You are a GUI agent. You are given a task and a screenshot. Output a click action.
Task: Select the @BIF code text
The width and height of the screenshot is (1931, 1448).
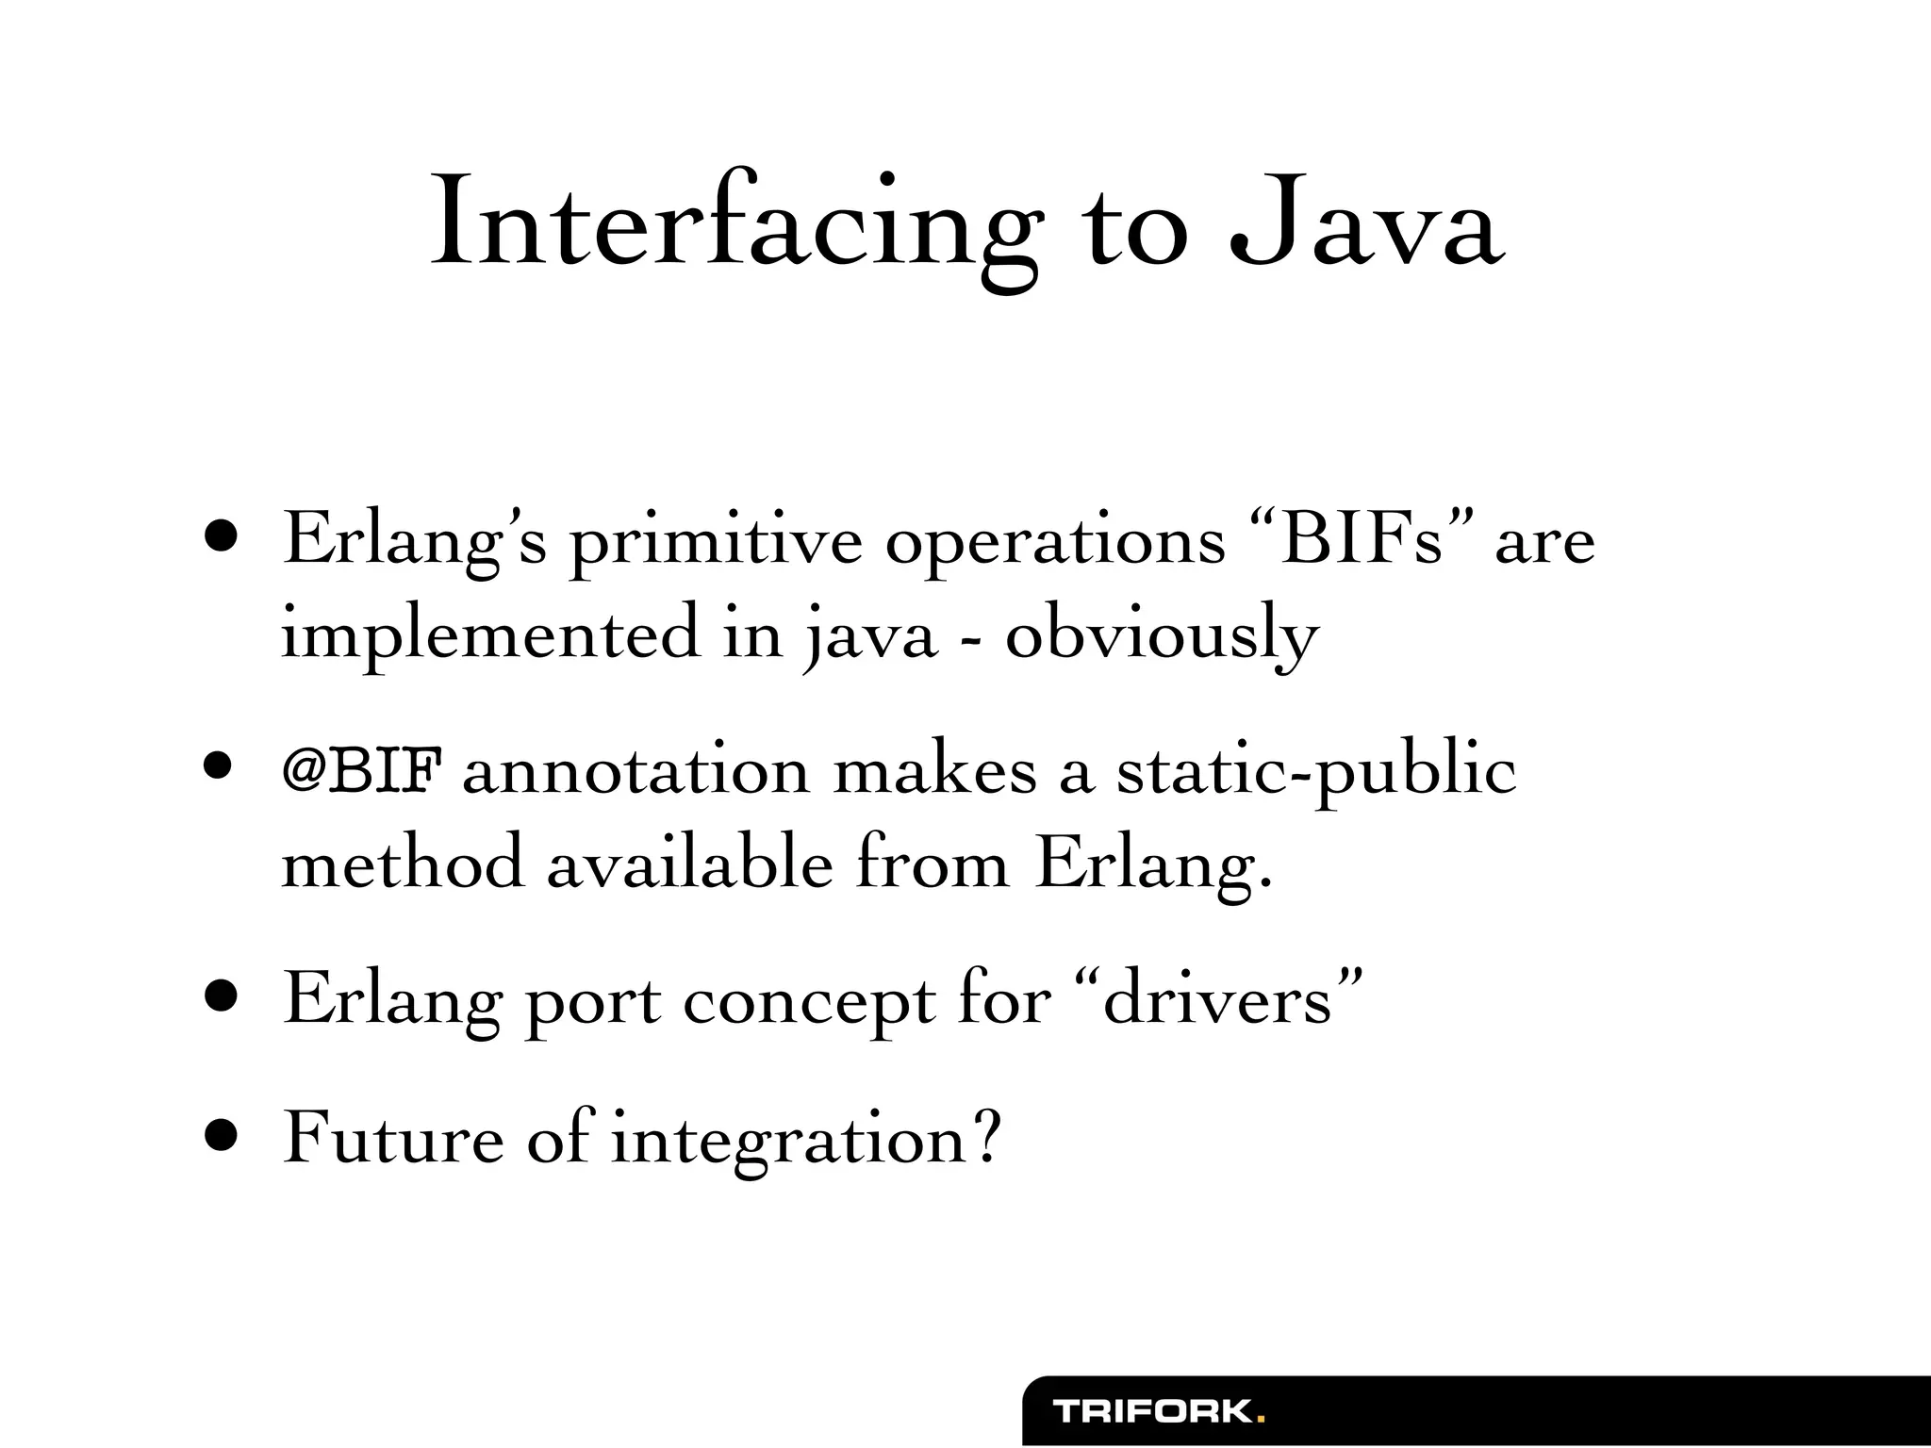coord(362,773)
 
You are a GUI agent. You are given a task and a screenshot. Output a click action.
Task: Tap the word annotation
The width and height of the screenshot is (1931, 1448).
coord(635,773)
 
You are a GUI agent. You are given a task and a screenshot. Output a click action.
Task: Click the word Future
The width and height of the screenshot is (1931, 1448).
coord(393,1139)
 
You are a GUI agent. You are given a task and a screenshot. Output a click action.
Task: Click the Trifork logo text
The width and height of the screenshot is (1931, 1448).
coord(1153,1411)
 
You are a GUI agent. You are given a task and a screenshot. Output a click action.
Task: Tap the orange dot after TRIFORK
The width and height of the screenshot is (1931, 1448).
coord(1261,1418)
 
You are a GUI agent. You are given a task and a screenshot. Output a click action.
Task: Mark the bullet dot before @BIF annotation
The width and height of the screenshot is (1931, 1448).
coord(223,768)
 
